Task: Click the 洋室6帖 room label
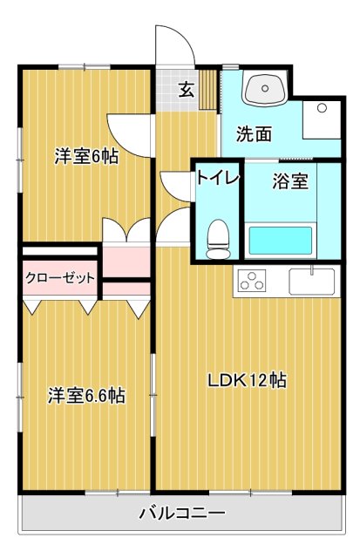tap(85, 157)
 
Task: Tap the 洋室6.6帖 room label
tap(85, 396)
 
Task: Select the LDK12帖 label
tap(248, 380)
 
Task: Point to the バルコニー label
tap(182, 513)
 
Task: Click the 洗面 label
tap(254, 135)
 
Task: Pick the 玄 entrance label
tap(187, 88)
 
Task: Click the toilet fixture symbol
tap(218, 236)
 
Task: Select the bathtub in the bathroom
tap(281, 240)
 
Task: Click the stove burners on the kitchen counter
tap(252, 281)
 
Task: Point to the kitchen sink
tap(311, 281)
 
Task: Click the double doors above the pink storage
tap(127, 231)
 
